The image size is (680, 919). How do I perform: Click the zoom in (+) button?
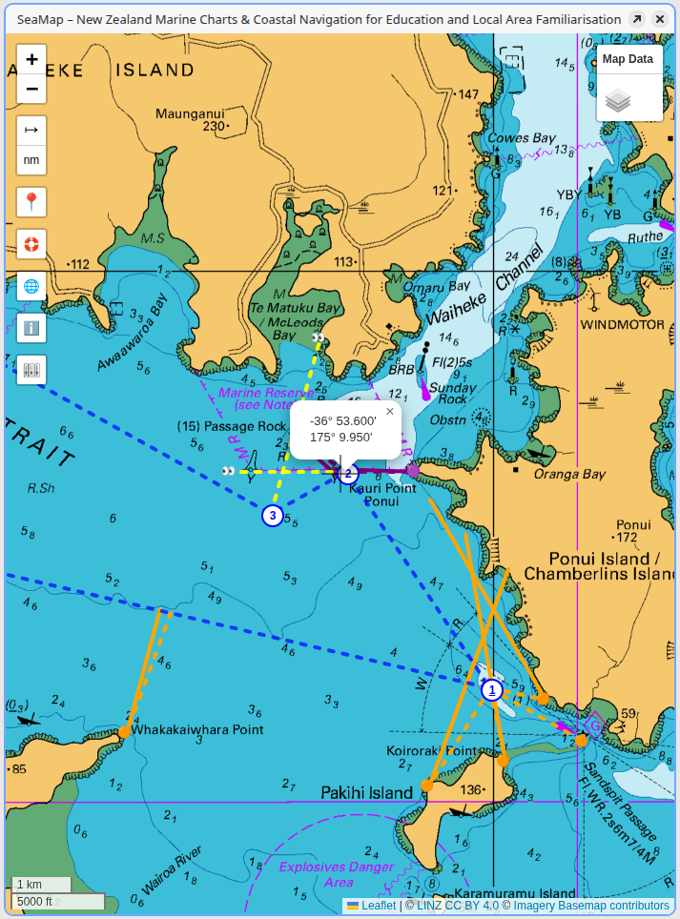pos(31,59)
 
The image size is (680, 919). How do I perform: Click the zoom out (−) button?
pos(31,90)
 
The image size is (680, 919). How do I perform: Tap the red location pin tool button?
pos(31,202)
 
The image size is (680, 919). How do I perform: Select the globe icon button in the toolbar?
pos(31,286)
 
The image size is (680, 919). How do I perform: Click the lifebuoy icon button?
pos(31,244)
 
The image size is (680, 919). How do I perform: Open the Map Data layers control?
pos(628,83)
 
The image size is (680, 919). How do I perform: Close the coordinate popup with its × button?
pos(389,412)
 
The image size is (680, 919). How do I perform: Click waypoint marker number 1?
pos(491,690)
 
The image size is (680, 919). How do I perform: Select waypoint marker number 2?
pos(349,473)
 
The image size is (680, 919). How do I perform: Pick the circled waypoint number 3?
pos(273,516)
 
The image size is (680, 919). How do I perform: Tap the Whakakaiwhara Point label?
pos(196,729)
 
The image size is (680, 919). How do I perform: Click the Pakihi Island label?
pos(366,792)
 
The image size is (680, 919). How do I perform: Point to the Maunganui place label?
pos(189,113)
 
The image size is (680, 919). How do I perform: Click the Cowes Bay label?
pos(521,138)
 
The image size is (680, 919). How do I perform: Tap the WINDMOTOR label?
pos(622,324)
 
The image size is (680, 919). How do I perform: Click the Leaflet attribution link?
pos(378,906)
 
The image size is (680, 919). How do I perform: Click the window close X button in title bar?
pos(659,19)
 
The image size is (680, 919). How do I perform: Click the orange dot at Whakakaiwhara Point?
pos(124,731)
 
